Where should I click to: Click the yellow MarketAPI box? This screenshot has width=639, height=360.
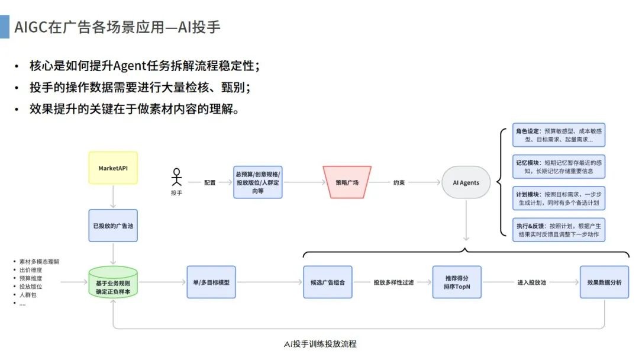coord(113,168)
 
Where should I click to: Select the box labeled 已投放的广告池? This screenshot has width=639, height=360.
coord(113,225)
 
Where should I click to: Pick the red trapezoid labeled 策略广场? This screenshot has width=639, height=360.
coord(347,182)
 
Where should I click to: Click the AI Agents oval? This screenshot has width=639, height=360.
coord(466,182)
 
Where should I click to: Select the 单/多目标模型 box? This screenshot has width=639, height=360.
coord(211,282)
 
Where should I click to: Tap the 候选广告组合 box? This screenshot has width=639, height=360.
coord(327,282)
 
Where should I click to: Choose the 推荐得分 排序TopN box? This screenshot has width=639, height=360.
coord(457,282)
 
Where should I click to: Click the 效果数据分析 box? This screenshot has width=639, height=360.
coord(604,282)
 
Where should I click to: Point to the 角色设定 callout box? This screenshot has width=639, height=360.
coord(560,135)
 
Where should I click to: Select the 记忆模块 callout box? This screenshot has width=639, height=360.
coord(560,166)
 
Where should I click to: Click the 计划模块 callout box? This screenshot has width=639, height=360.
coord(560,198)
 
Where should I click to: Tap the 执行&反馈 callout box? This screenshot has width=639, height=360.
coord(560,230)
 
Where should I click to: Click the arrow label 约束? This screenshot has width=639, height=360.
coord(399,183)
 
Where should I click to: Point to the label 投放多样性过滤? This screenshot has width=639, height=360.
coord(393,283)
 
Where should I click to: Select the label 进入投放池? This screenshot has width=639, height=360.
coord(531,283)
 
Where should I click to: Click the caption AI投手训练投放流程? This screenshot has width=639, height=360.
coord(320,344)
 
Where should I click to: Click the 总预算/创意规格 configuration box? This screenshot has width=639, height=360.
coord(257,182)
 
